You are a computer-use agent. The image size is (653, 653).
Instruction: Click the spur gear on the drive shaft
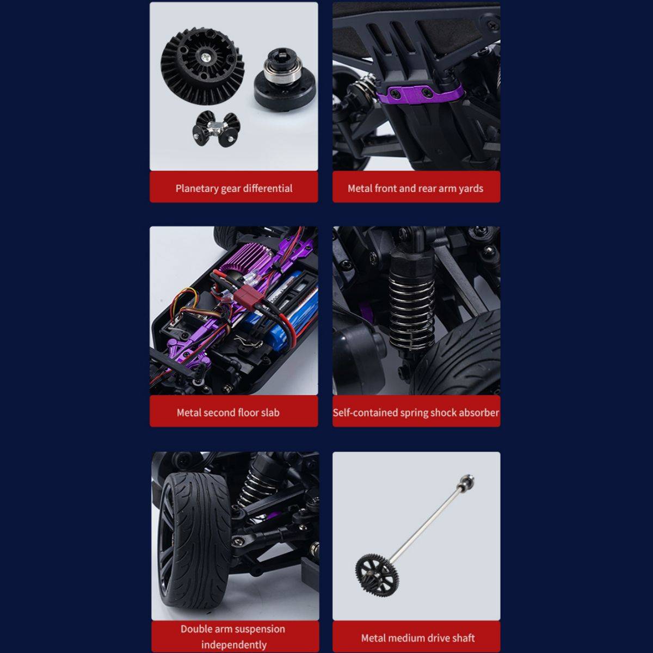tap(377, 575)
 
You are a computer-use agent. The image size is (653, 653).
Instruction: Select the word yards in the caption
tap(471, 188)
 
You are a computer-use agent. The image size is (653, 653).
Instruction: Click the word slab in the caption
tap(270, 412)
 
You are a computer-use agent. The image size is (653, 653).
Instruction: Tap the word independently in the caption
tap(234, 644)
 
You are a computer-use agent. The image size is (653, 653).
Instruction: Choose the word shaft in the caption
tap(464, 638)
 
